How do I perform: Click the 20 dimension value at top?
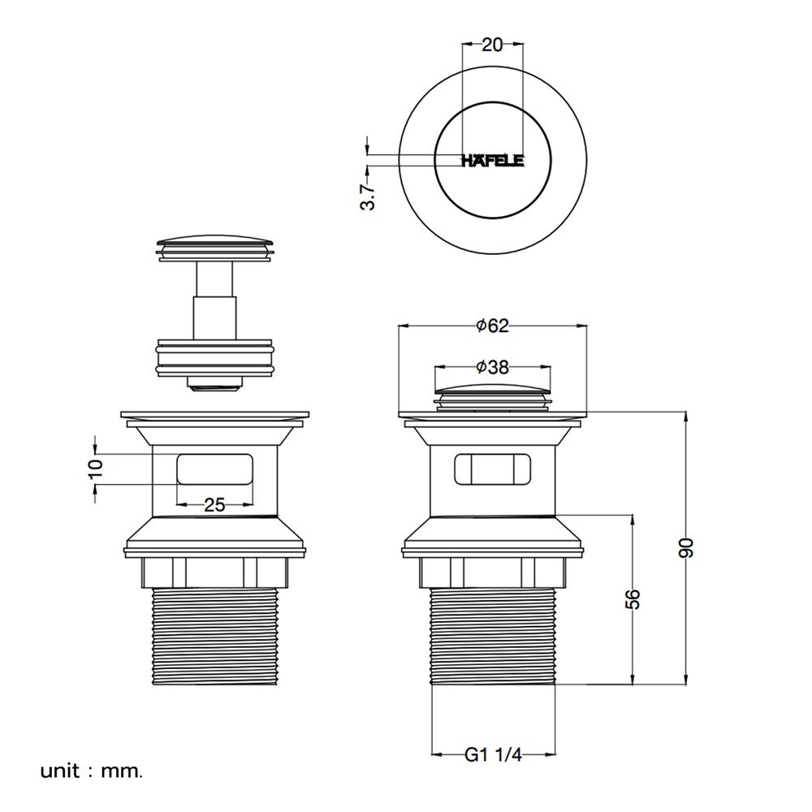(492, 45)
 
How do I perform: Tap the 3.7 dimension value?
(368, 197)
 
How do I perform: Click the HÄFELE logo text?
(493, 161)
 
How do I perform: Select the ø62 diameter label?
(493, 326)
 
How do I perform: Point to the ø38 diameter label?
(493, 367)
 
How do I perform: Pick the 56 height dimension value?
(633, 598)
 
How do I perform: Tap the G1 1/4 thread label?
(493, 754)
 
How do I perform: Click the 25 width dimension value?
(214, 504)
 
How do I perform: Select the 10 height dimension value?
(96, 469)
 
